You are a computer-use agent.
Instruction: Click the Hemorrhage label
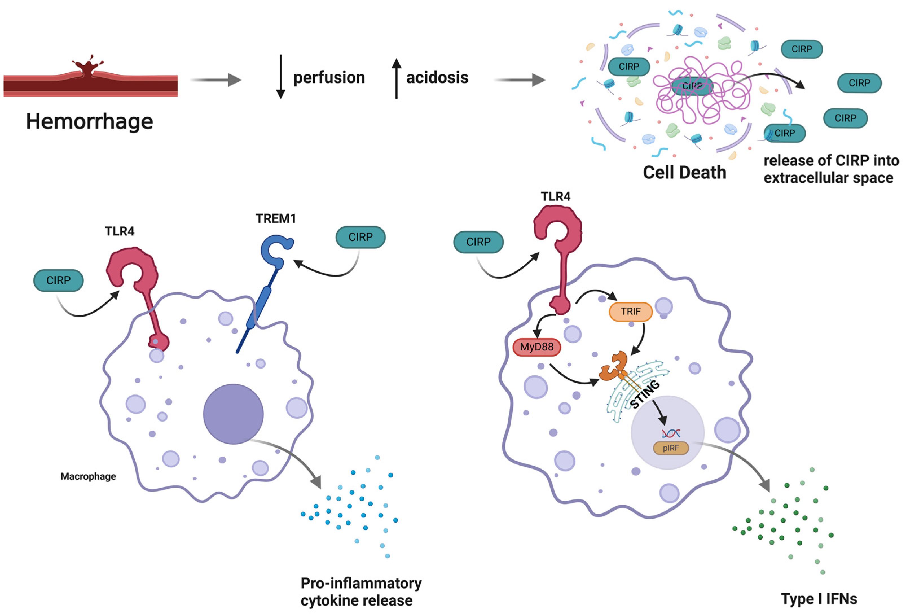89,122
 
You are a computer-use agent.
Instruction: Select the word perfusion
329,78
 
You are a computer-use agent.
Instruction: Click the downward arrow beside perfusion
280,77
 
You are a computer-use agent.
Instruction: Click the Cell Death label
684,172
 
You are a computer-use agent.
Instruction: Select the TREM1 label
276,218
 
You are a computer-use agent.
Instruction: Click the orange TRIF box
630,312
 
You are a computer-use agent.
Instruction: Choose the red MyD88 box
536,347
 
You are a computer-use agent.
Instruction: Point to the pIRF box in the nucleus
670,448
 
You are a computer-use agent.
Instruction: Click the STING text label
645,394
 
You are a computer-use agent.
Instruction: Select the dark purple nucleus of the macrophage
233,414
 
